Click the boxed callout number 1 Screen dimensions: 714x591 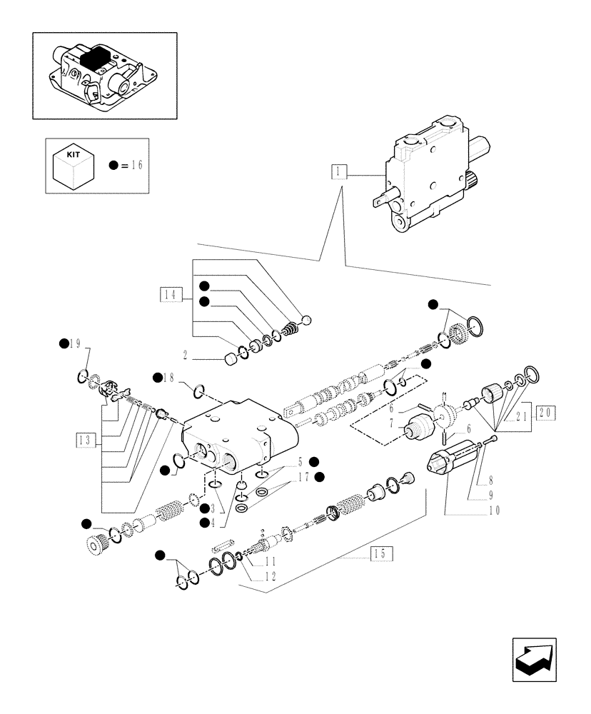coord(338,171)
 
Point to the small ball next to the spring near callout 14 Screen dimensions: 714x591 coord(307,319)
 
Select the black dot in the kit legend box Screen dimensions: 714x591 coord(113,165)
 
